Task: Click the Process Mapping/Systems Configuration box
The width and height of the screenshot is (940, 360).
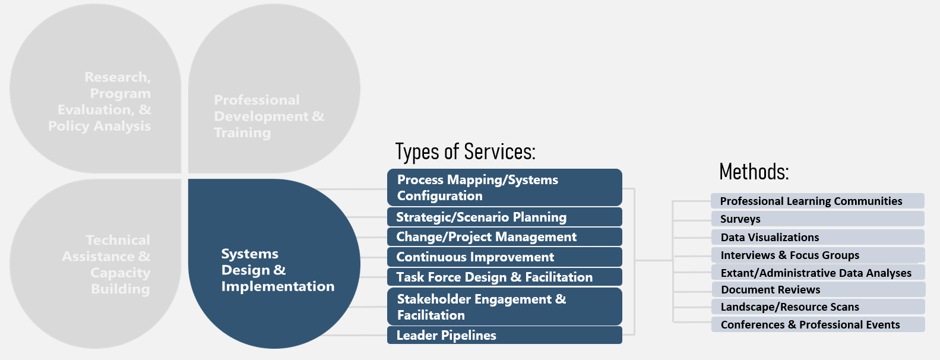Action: point(504,188)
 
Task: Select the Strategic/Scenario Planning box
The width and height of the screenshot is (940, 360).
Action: point(504,217)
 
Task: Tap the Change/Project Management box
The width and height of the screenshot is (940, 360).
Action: point(504,237)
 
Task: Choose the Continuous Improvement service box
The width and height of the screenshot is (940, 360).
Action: point(504,257)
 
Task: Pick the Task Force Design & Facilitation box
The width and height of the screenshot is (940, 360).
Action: point(504,277)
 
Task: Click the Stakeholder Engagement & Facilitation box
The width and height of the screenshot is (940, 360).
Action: point(504,307)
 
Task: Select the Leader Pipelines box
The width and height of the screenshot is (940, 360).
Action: point(504,335)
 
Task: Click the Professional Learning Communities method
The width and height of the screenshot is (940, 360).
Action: point(817,201)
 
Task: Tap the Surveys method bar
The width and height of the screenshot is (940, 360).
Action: point(817,219)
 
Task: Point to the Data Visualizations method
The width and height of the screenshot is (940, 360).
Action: point(817,237)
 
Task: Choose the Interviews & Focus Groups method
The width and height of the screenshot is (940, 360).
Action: point(817,255)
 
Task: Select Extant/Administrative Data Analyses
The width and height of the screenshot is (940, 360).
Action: point(817,273)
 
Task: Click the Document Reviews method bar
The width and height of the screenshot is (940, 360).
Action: point(817,289)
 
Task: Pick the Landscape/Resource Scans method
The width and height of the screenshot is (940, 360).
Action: point(817,307)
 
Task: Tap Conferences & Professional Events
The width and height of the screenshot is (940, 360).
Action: point(817,324)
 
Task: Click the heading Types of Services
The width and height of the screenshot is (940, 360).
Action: point(465,151)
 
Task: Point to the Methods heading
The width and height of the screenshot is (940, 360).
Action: point(754,172)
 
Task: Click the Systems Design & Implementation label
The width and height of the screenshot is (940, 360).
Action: point(277,270)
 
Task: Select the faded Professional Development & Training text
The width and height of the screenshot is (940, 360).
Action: point(268,116)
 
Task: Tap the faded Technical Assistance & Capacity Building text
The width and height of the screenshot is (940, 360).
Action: point(107,264)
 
